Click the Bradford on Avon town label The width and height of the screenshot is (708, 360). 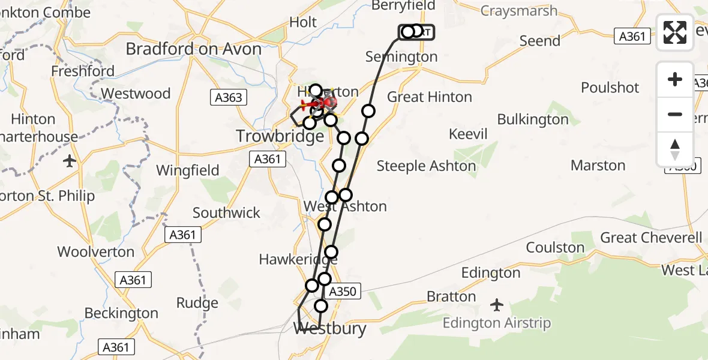tap(193, 49)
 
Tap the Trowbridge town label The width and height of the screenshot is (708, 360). tap(280, 136)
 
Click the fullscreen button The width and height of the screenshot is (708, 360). tap(675, 32)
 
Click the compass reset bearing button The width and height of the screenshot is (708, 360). tap(675, 149)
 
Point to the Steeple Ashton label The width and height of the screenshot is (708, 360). tap(426, 166)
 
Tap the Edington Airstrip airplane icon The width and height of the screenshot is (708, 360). tap(496, 305)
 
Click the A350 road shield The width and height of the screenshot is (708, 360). tap(343, 292)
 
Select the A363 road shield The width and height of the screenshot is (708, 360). tap(228, 98)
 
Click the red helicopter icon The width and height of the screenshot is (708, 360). tap(322, 103)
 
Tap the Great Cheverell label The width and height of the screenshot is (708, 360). tap(651, 238)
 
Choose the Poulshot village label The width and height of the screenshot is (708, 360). tap(610, 88)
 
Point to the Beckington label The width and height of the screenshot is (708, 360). tap(121, 313)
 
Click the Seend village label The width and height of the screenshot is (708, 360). tap(540, 41)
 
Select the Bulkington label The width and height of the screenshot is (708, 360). tap(533, 120)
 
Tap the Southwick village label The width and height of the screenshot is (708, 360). tap(226, 213)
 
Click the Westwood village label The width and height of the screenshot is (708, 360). tap(136, 94)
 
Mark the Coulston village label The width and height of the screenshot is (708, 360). tap(555, 248)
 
